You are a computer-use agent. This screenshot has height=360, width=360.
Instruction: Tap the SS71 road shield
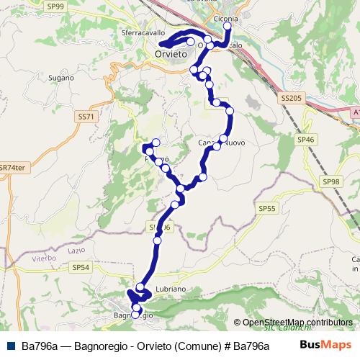(x=85, y=115)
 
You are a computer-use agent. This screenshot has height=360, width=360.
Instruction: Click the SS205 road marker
(x=290, y=96)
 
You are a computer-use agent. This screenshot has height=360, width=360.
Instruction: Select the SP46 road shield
(x=306, y=139)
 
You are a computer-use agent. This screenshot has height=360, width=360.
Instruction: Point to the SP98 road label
(x=331, y=182)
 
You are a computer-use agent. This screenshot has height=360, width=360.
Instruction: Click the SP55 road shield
(x=266, y=207)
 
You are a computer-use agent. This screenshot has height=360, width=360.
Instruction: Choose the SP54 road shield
(x=80, y=266)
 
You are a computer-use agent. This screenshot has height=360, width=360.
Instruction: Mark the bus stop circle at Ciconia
(x=228, y=26)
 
